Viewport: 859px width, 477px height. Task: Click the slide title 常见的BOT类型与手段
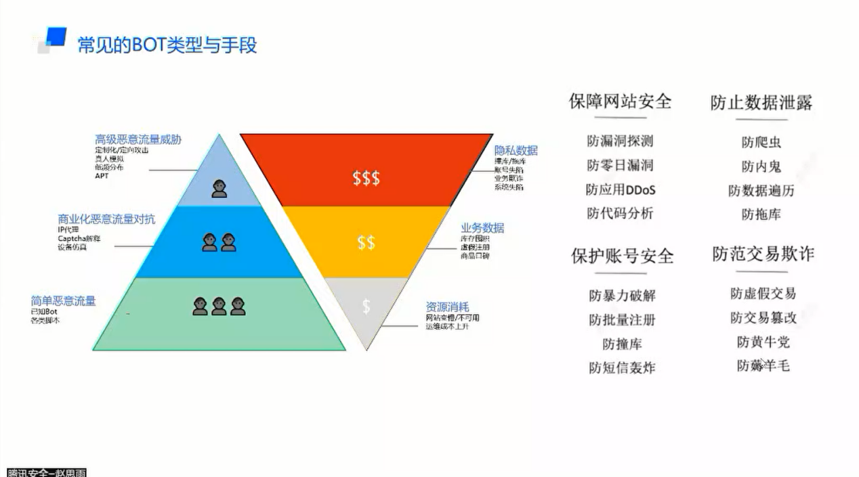point(167,45)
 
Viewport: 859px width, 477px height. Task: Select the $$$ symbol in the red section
point(366,178)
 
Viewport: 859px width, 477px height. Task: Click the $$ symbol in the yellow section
point(366,242)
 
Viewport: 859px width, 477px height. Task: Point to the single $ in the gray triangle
point(366,306)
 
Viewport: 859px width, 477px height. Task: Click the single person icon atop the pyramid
point(219,189)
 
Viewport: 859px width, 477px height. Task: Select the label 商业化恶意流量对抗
point(106,219)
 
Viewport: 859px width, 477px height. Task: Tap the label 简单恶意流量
point(63,300)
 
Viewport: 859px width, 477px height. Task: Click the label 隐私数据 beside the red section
point(516,150)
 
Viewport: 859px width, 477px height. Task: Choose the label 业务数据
point(482,228)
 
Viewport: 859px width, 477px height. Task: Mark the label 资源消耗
point(447,306)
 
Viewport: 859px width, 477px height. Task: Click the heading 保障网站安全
point(620,101)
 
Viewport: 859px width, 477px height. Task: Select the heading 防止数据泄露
point(761,102)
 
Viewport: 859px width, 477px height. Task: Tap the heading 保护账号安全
point(622,256)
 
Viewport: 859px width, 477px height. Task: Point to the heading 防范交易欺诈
point(763,254)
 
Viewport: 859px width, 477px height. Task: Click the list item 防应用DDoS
point(621,189)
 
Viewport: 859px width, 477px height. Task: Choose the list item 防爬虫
point(761,142)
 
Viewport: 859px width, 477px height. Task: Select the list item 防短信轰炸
point(622,367)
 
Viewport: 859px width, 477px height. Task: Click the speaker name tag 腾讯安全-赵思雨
point(46,472)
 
